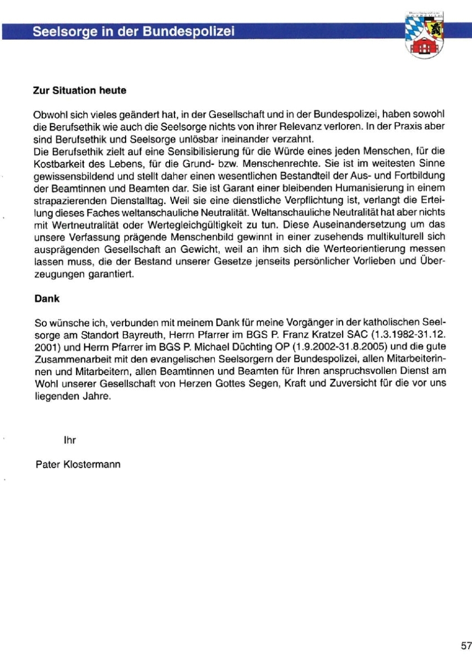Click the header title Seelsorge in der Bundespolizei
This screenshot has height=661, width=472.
click(x=134, y=31)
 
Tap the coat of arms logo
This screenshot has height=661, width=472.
click(x=425, y=34)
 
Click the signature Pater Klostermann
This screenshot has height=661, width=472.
click(x=77, y=464)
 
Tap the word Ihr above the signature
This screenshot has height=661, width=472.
click(x=70, y=440)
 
